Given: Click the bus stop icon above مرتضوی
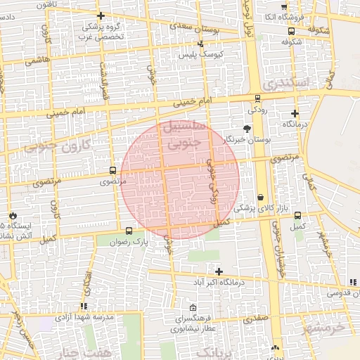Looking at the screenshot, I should (113, 170).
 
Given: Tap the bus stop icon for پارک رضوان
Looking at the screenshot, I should (129, 231).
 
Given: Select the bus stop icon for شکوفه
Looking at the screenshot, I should (292, 31).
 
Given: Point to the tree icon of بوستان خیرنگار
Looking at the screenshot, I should (247, 129).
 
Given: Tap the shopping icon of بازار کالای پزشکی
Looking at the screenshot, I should (262, 198).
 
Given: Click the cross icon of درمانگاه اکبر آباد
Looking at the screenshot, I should (219, 271).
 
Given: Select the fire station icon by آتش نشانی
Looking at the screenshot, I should (13, 214).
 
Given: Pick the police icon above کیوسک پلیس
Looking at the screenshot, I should (201, 44).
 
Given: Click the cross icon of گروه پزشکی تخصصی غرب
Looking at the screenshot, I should (101, 15).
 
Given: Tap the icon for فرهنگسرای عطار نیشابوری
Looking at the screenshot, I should (193, 307).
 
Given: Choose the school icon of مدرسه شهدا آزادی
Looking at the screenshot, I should (84, 307).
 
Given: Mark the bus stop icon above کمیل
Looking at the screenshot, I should (297, 215).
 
